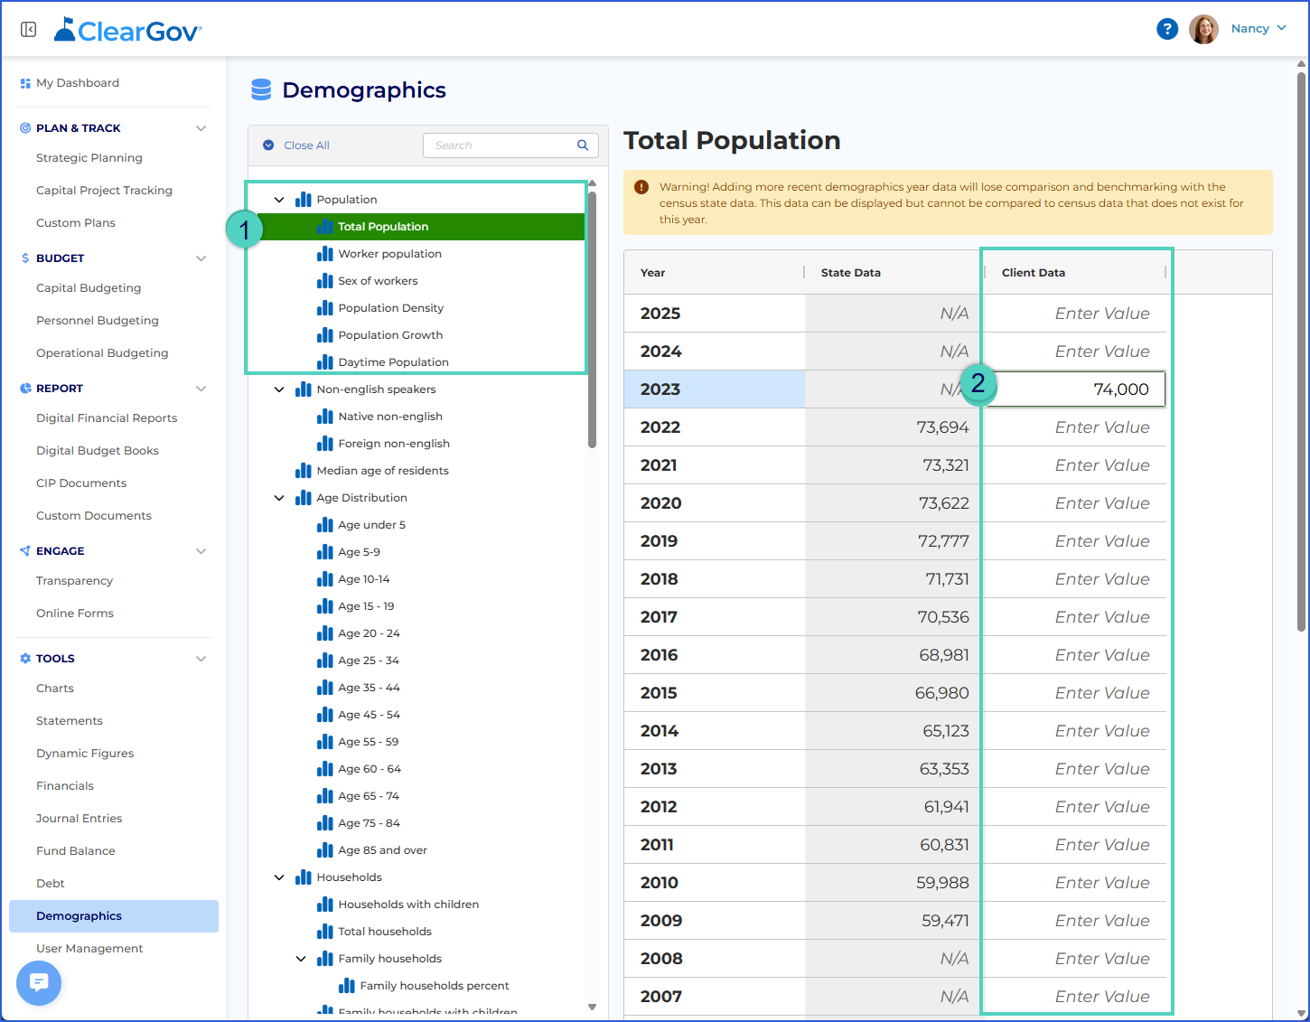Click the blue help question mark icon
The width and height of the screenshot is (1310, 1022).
[1167, 29]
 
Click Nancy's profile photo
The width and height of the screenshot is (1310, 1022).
[1203, 29]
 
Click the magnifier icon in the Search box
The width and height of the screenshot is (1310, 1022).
[583, 145]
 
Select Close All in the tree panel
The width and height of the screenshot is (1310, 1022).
[306, 145]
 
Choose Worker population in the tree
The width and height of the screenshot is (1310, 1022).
[389, 254]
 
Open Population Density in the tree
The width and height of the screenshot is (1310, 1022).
[390, 308]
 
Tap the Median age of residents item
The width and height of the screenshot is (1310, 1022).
[382, 471]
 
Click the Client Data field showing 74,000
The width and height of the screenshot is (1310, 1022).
[1075, 389]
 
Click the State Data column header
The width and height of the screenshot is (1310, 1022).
[851, 273]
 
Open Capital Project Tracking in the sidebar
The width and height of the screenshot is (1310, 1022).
[104, 191]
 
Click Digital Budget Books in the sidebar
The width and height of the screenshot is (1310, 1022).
[97, 451]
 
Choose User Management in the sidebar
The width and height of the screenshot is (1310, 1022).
[89, 949]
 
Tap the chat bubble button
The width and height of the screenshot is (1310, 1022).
[39, 983]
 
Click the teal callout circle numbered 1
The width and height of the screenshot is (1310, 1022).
[244, 230]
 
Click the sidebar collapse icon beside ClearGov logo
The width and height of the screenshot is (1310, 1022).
[28, 29]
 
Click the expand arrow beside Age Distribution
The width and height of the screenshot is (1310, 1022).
[279, 498]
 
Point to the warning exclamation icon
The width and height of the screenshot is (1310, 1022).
[641, 187]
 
